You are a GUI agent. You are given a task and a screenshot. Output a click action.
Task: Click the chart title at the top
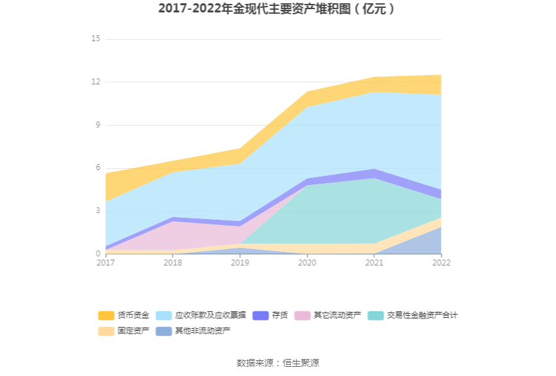[x=277, y=9]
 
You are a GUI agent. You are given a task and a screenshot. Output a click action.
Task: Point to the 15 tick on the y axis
[x=96, y=39]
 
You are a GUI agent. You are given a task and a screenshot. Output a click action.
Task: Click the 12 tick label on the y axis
[x=96, y=82]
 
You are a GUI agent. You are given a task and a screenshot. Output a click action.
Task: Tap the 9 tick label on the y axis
[x=97, y=125]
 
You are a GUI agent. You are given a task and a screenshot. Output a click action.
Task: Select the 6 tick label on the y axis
[x=97, y=168]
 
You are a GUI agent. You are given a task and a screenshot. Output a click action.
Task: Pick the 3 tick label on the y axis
[x=97, y=211]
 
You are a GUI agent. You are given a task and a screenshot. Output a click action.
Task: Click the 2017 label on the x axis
[x=105, y=263]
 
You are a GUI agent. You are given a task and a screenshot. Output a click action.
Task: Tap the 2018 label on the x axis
[x=173, y=263]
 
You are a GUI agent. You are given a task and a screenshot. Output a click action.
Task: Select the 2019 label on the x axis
[x=240, y=263]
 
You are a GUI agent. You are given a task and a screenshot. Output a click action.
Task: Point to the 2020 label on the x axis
[x=307, y=263]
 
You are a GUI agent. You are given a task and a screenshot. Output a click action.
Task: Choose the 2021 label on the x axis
[x=374, y=263]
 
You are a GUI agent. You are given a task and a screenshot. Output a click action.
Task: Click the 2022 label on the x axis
[x=441, y=263]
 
